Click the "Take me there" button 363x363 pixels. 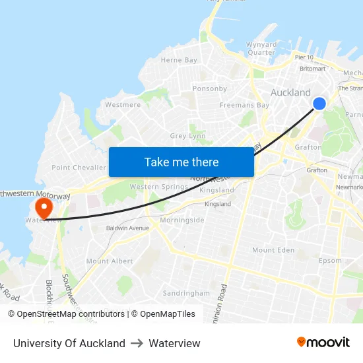click(181, 162)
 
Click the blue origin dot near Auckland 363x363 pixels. click(319, 104)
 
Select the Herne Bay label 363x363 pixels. click(179, 60)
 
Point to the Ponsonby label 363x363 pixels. click(210, 88)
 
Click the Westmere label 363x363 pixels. click(123, 104)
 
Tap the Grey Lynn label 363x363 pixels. click(188, 136)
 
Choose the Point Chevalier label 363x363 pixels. click(79, 168)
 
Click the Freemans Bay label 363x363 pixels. click(244, 105)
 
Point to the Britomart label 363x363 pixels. click(312, 69)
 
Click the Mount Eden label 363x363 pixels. click(273, 250)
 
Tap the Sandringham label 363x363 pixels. click(186, 293)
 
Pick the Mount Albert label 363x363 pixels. click(110, 261)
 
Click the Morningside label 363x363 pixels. click(182, 220)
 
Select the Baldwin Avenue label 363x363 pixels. click(128, 228)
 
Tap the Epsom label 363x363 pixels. click(330, 261)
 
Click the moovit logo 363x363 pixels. click(323, 343)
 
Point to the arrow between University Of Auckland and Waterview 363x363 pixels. click(137, 343)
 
